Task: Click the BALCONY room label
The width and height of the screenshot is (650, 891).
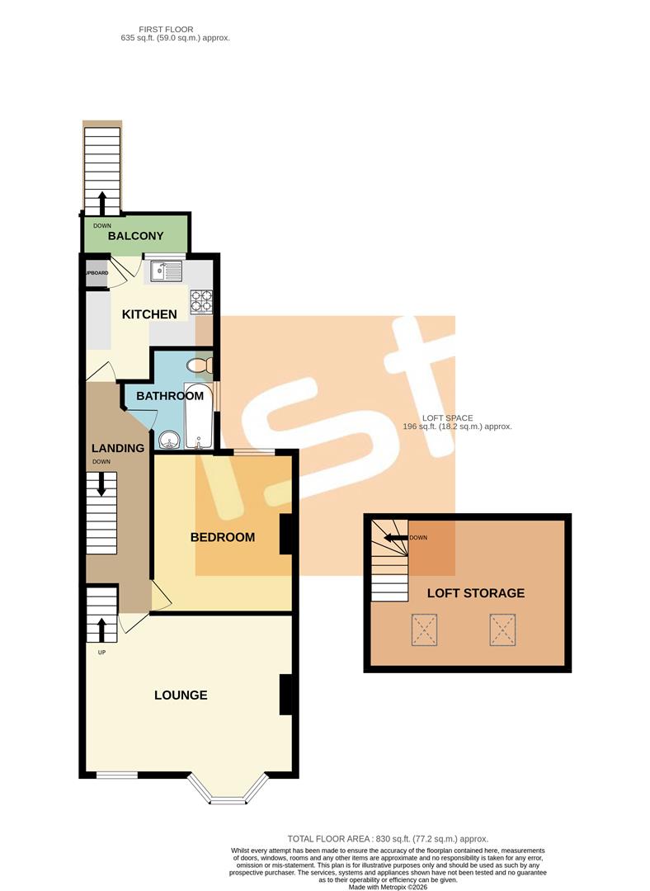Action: click(x=135, y=236)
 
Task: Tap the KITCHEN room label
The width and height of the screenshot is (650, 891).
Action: click(x=149, y=314)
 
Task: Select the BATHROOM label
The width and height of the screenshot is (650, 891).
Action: click(x=170, y=396)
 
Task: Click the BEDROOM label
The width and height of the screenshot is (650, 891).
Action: click(x=223, y=537)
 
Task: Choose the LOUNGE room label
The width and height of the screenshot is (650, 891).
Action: click(x=181, y=695)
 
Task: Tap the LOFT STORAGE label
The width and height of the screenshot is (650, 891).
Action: click(x=475, y=593)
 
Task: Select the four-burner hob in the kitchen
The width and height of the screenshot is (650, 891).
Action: click(x=201, y=302)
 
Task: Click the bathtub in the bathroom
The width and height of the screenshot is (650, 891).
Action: click(x=199, y=416)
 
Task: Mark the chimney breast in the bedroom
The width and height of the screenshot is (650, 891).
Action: click(x=287, y=535)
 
